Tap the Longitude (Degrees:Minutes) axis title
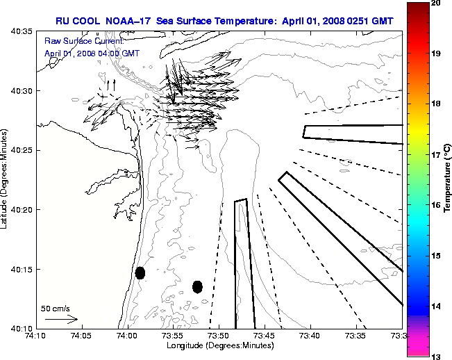click(219, 345)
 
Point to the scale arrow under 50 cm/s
click(61, 319)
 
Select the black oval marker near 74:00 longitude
click(140, 272)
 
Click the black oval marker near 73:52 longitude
click(197, 286)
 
